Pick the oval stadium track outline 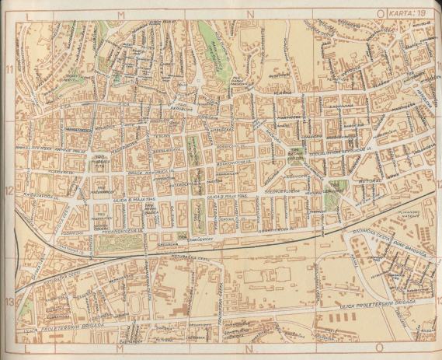tap(141, 301)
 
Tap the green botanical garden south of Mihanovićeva tap(117, 246)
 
